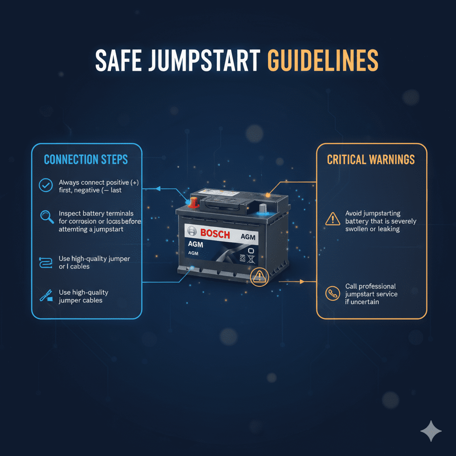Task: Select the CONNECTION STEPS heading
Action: click(86, 159)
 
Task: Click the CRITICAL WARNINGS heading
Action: click(371, 159)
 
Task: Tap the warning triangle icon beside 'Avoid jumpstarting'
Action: click(333, 218)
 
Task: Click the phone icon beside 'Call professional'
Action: click(333, 294)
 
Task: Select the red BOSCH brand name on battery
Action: click(215, 233)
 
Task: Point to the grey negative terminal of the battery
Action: click(263, 208)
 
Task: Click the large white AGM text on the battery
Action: click(195, 244)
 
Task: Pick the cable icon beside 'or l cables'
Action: click(46, 262)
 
